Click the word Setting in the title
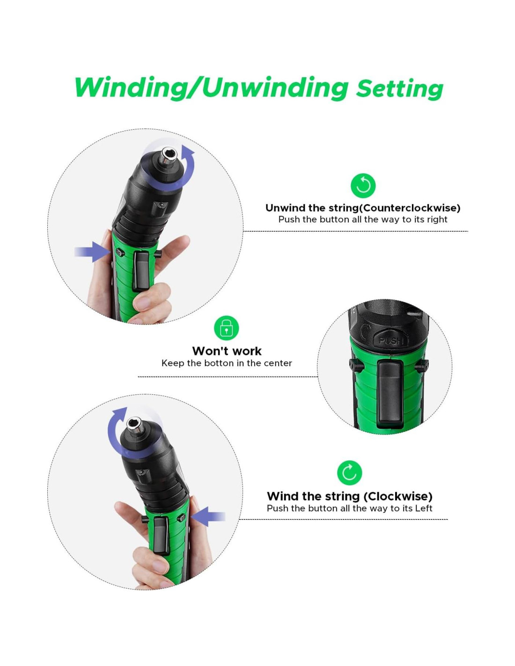(399, 89)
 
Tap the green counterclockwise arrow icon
(363, 186)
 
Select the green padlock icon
(227, 327)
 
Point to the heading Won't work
(227, 351)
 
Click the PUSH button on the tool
(390, 340)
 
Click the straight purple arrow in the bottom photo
(208, 517)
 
